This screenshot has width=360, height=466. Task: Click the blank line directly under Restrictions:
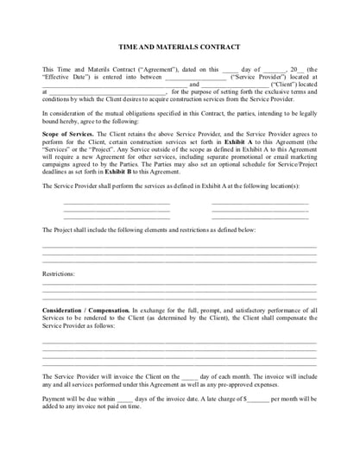(x=180, y=284)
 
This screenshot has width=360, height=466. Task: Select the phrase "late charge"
(x=217, y=400)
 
